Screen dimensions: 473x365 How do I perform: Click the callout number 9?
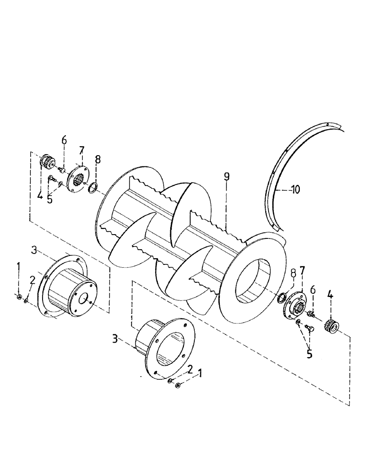[x=226, y=177]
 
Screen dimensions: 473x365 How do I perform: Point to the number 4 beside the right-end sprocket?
[x=330, y=298]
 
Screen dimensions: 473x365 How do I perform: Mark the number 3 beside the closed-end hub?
[x=34, y=249]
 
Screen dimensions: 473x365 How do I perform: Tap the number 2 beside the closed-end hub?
[x=32, y=280]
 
